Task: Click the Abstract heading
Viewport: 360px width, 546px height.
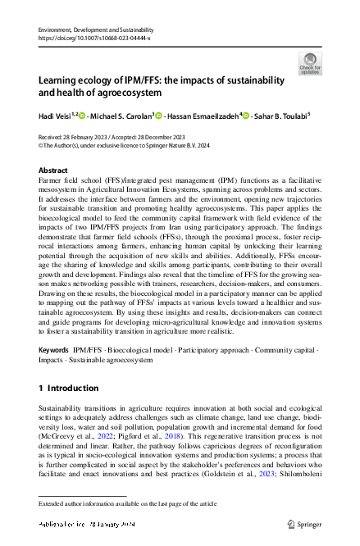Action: point(53,171)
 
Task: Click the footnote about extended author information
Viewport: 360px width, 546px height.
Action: point(128,503)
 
